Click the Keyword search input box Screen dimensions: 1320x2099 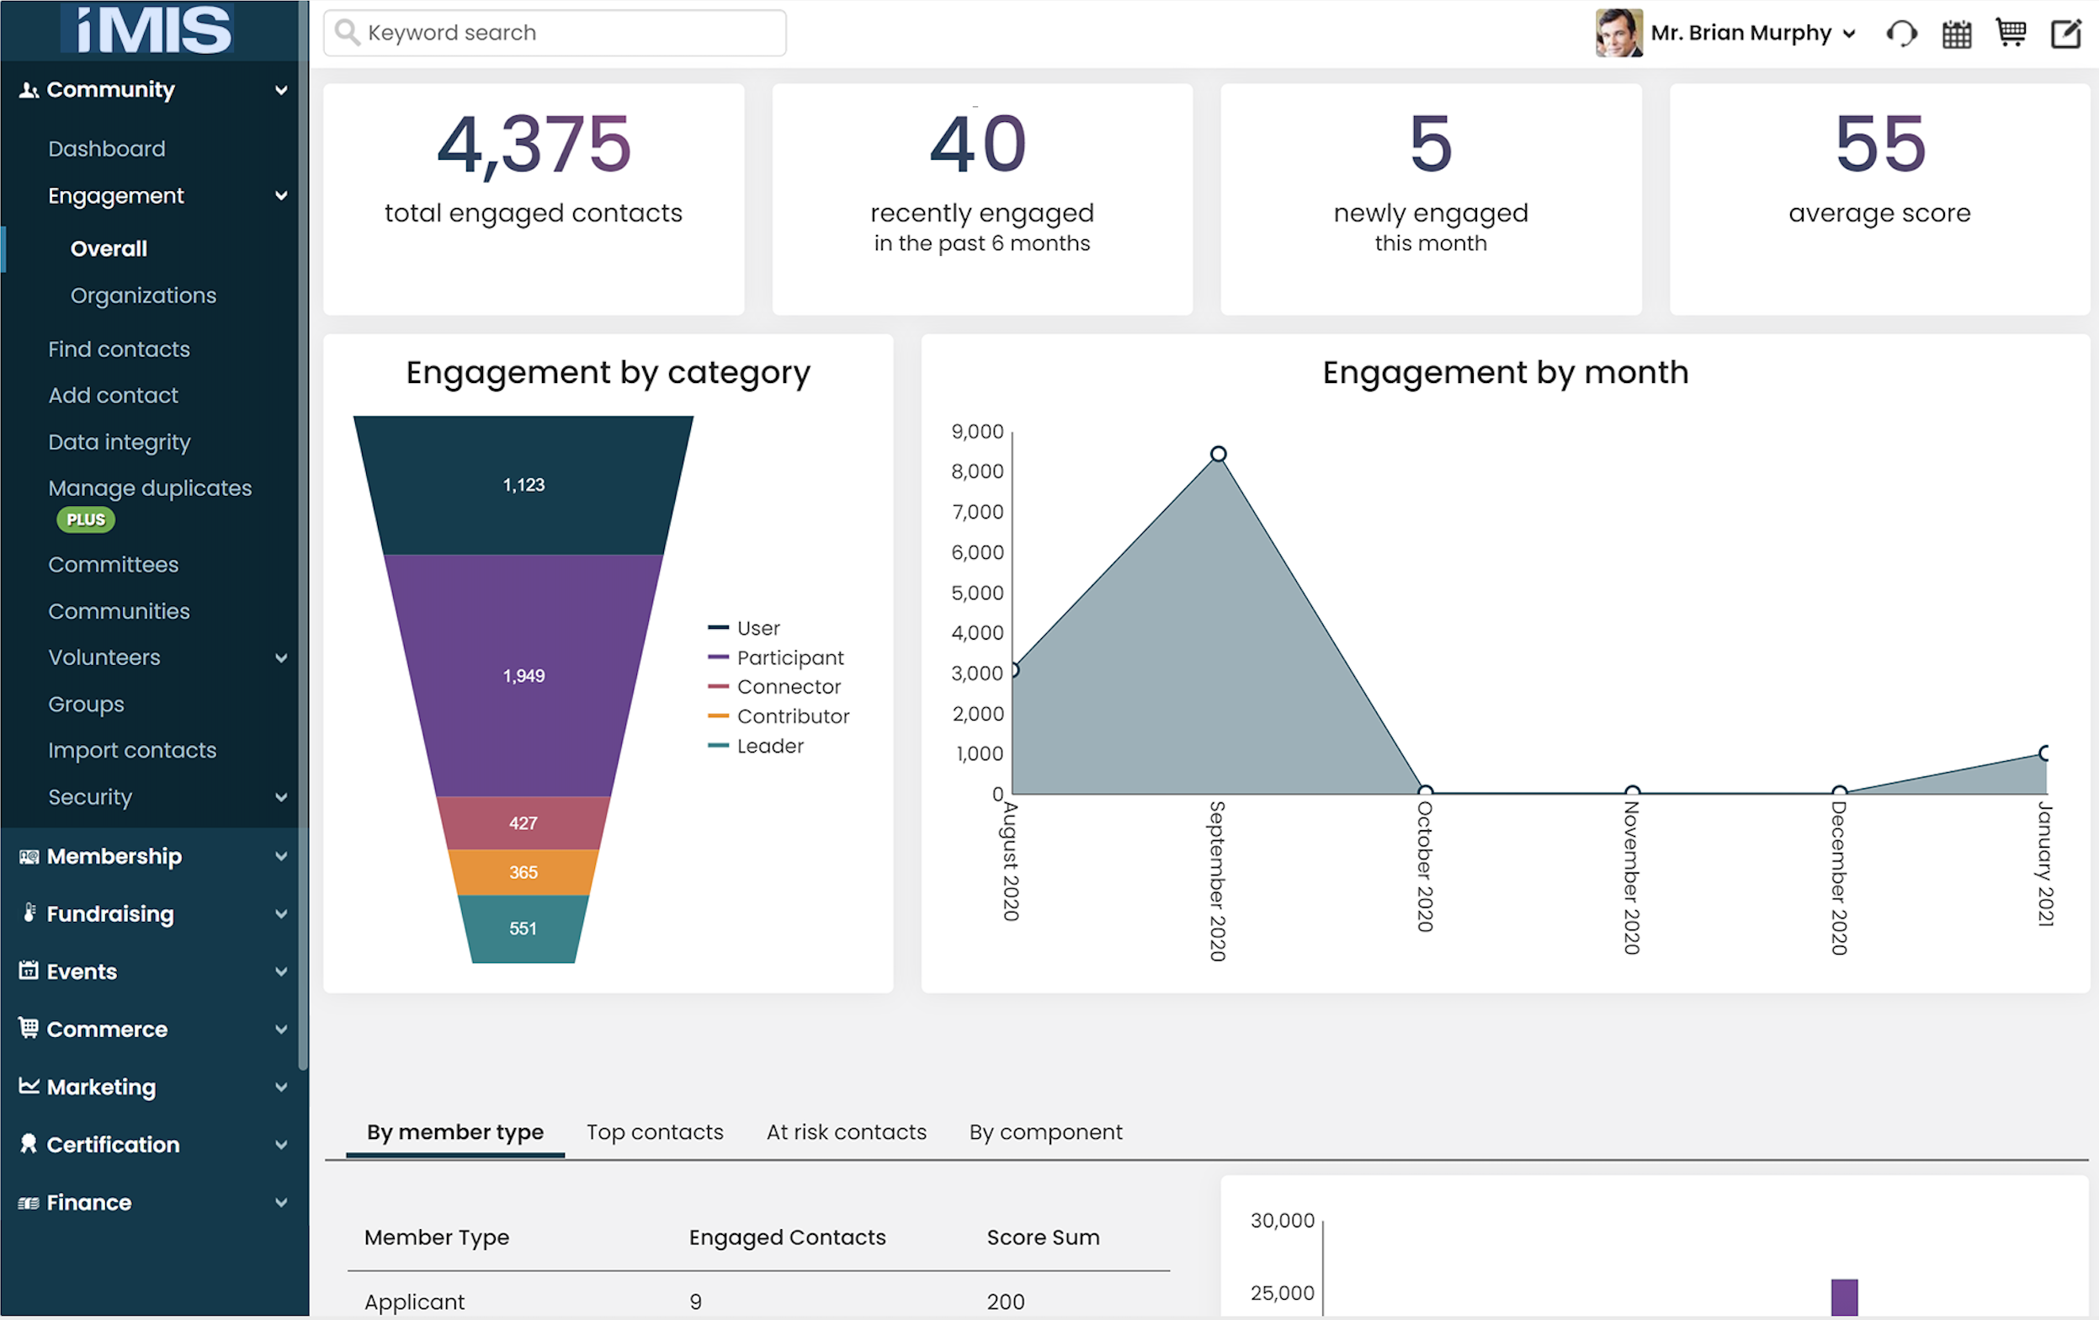tap(558, 33)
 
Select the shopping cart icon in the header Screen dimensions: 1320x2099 tap(2010, 33)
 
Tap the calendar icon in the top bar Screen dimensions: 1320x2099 tap(1956, 34)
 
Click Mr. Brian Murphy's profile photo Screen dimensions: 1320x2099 tap(1618, 33)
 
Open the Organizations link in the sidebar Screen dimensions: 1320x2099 tap(143, 295)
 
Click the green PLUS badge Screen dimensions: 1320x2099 tap(86, 519)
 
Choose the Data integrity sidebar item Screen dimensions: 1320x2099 tap(119, 442)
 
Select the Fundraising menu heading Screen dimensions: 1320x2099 tap(109, 913)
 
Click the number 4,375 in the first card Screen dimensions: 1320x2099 tap(534, 145)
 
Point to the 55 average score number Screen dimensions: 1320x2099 tap(1879, 145)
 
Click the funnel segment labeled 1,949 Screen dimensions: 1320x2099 tap(523, 676)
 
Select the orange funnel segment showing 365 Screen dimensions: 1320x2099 tap(523, 872)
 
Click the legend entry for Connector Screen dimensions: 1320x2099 tap(788, 687)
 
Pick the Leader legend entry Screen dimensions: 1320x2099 tap(770, 747)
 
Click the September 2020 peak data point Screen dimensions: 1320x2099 tap(1218, 455)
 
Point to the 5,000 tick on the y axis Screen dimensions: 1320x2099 tap(977, 593)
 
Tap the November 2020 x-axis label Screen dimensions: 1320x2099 tap(1631, 877)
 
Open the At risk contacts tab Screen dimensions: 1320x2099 tap(846, 1131)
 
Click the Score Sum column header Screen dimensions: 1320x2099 tap(1043, 1237)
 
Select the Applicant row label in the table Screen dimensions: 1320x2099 tap(414, 1301)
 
